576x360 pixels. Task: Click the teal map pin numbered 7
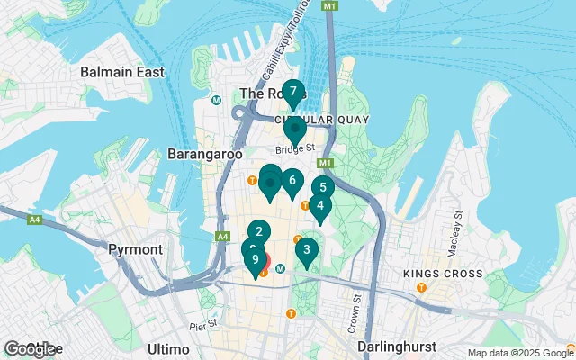point(292,92)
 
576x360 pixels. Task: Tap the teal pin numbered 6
point(292,181)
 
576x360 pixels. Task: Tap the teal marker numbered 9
point(256,260)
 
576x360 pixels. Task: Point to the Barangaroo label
point(205,154)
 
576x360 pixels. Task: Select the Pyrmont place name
point(134,248)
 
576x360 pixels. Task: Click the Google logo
point(31,349)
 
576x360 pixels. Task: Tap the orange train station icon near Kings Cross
point(420,287)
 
